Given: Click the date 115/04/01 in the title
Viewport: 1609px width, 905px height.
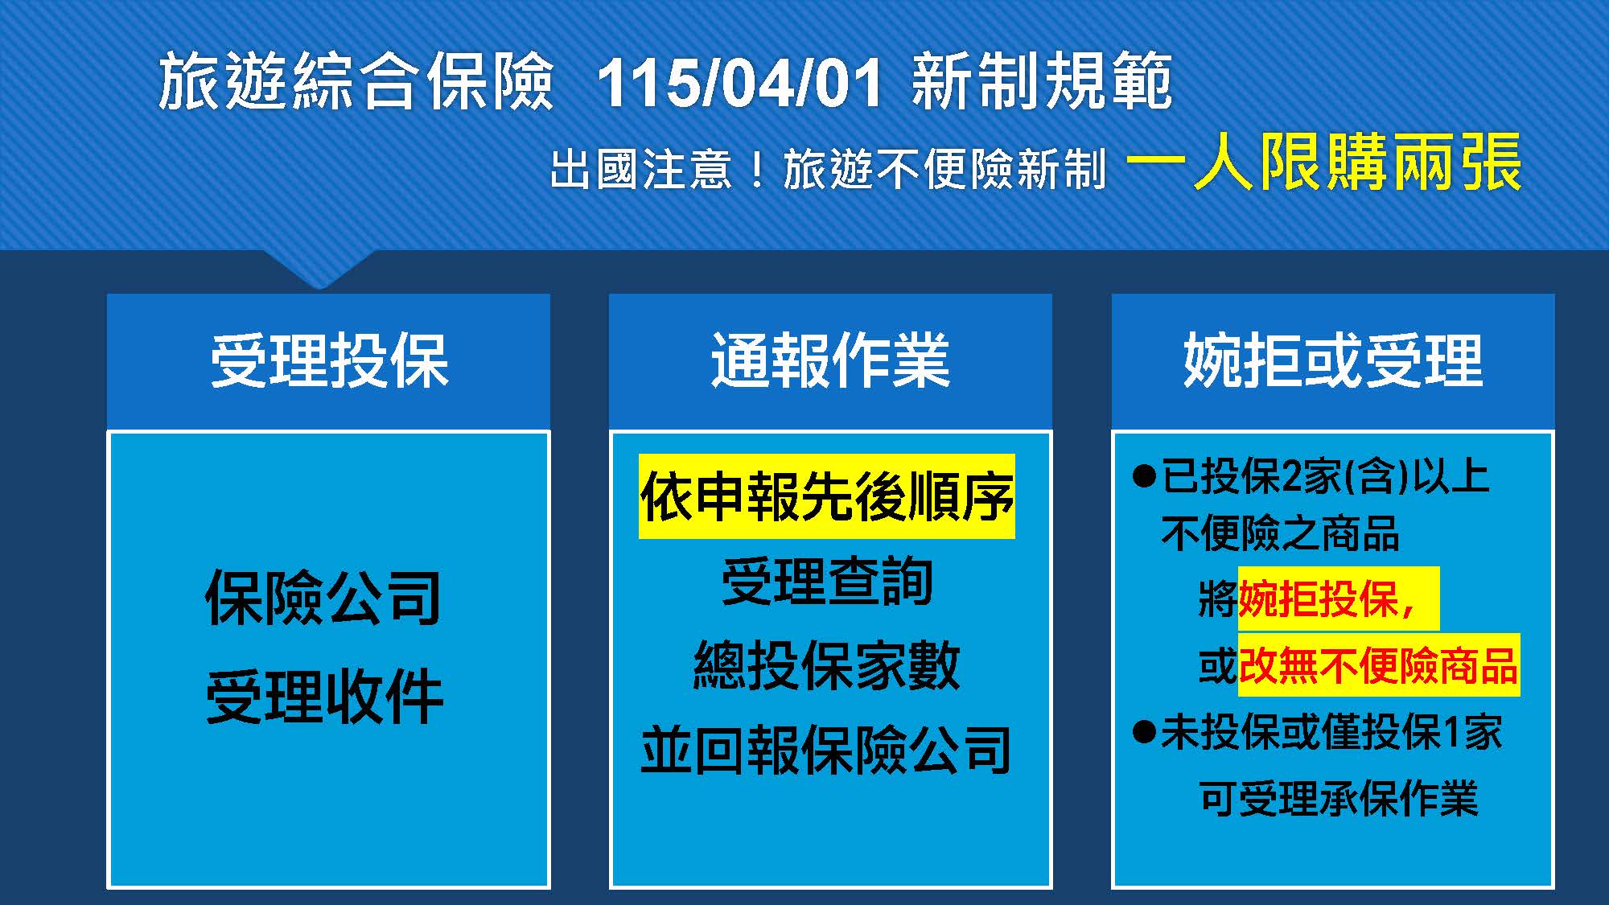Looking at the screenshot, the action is point(739,83).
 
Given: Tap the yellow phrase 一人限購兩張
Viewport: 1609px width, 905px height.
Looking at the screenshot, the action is point(1324,163).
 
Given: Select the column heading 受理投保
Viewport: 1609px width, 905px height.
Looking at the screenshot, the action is point(329,361).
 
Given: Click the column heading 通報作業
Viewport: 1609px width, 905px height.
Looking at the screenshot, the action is point(830,361).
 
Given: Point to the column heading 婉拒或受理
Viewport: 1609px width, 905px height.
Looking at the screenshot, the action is point(1333,361).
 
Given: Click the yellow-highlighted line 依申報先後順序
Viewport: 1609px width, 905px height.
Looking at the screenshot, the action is point(827,496).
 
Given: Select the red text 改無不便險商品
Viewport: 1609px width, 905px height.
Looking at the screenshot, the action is point(1378,665).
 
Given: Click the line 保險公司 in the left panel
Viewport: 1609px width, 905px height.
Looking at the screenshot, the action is point(323,598).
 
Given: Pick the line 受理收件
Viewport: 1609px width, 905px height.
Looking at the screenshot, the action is point(324,697).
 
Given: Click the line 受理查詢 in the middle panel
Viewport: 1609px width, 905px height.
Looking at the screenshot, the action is point(827,581).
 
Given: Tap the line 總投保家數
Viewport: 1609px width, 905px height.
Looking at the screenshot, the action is point(827,665).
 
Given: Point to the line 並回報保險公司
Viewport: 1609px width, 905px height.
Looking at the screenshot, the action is point(826,750).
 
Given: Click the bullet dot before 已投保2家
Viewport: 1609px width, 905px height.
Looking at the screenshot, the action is point(1143,475).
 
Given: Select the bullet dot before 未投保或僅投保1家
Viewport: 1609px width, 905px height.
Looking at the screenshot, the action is point(1143,732).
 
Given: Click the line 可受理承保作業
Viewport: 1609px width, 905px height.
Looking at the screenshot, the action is point(1339,799).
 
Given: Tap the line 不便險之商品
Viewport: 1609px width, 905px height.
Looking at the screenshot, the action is point(1281,533).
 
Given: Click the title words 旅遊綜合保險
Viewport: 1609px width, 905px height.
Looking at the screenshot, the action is point(356,81).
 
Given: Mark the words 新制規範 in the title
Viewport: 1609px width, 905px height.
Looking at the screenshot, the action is point(1043,81).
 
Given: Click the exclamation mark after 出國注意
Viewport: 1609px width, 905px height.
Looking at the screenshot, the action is point(756,170).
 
